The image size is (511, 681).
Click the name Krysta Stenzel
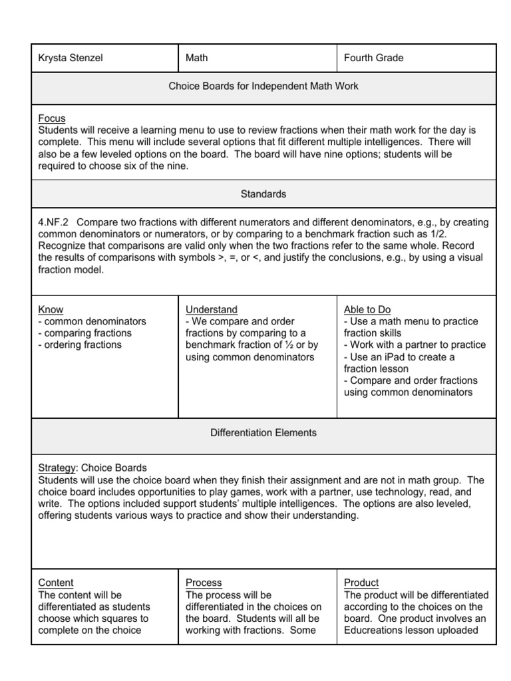click(x=71, y=58)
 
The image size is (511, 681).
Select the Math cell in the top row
click(x=197, y=58)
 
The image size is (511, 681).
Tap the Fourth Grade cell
click(x=373, y=58)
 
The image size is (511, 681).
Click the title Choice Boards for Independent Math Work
click(x=263, y=86)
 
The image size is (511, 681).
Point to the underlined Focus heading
click(x=52, y=118)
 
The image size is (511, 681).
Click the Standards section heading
click(x=263, y=194)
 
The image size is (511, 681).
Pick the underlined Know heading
click(x=51, y=309)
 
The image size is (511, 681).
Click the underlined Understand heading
click(x=212, y=309)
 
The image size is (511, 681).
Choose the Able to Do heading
click(x=367, y=309)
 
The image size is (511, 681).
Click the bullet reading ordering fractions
click(x=81, y=344)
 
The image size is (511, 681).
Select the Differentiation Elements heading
click(x=263, y=433)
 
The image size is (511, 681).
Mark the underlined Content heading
click(x=56, y=583)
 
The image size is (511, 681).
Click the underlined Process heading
click(x=204, y=583)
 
